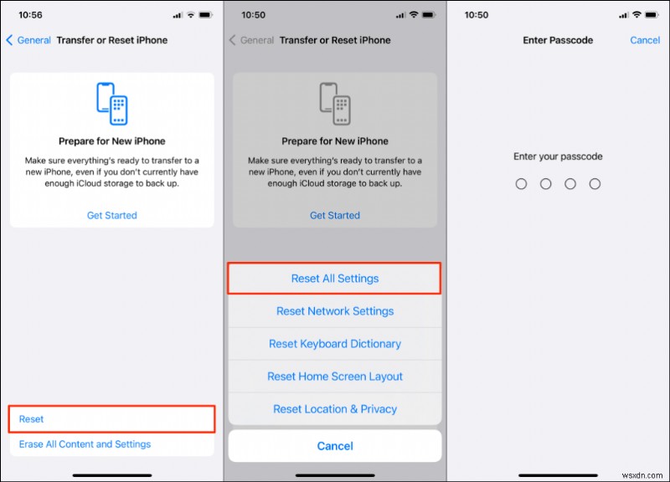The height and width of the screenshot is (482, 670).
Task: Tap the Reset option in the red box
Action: point(32,418)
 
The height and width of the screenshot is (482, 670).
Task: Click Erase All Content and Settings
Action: point(85,444)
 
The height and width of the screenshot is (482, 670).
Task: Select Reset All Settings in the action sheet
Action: point(335,279)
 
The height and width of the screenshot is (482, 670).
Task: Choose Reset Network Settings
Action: point(335,311)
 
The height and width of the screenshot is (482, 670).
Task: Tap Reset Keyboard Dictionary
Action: point(335,344)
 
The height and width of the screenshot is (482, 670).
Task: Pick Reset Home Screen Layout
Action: point(335,377)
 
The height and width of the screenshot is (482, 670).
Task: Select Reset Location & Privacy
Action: point(335,409)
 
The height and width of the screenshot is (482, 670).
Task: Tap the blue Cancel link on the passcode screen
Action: point(645,40)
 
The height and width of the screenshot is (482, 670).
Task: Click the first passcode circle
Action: point(521,183)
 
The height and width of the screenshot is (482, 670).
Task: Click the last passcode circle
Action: point(595,183)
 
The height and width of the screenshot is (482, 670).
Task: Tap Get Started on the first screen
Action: point(112,215)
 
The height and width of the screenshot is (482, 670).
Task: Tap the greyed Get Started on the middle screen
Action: point(335,215)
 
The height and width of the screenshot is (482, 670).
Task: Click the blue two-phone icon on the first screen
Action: point(112,103)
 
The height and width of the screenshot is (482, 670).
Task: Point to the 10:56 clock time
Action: point(32,15)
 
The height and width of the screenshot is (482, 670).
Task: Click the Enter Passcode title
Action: point(558,40)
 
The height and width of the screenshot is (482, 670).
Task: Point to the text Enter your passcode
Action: point(558,156)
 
